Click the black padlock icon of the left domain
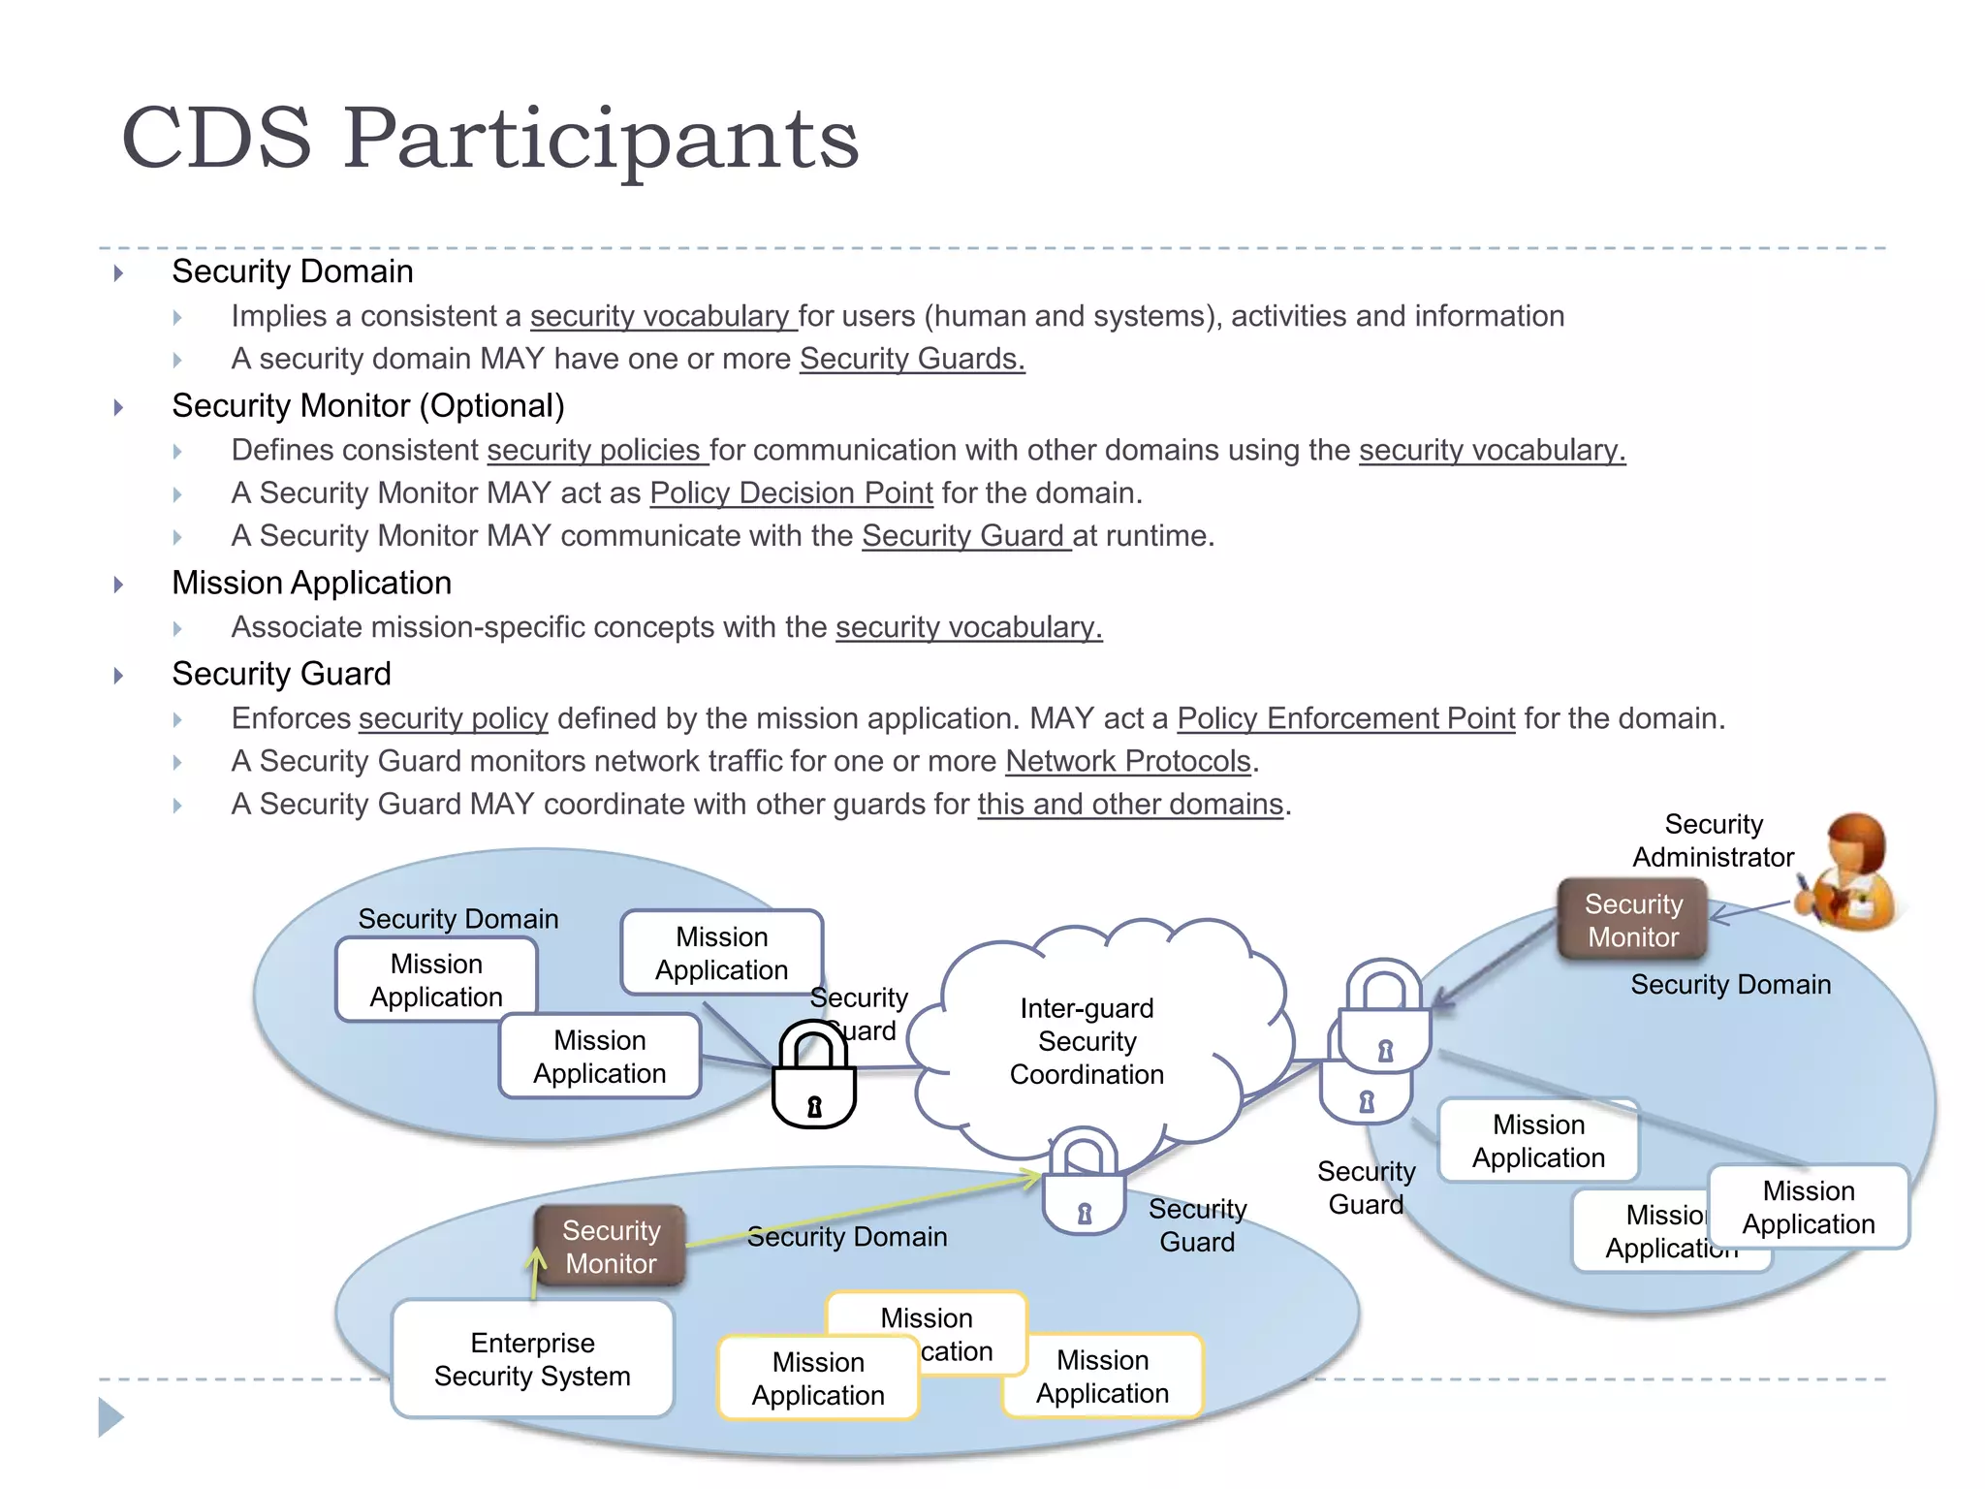813,1076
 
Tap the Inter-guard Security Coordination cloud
1086,1042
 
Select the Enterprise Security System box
532,1359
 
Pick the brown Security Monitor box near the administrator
1632,920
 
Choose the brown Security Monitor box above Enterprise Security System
611,1247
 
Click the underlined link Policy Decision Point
791,492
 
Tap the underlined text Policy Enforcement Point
1345,718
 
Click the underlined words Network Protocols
1128,761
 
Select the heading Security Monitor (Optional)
367,405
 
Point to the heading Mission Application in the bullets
311,583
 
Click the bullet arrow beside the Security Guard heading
118,675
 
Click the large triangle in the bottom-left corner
110,1417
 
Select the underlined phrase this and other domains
1130,804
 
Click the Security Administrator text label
1713,840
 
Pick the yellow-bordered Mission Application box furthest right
1102,1377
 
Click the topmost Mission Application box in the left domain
721,953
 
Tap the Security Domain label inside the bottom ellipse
846,1237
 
